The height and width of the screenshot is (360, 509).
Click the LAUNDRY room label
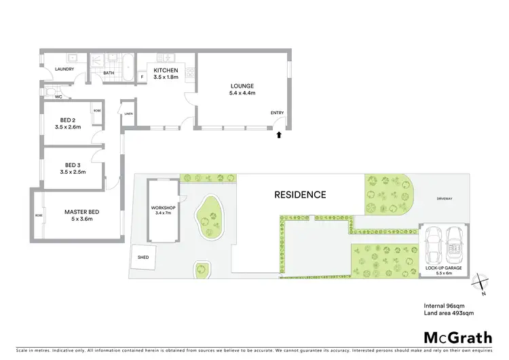tap(55, 68)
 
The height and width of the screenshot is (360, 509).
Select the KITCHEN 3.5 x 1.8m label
tap(166, 74)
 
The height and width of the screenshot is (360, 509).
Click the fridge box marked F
tap(143, 77)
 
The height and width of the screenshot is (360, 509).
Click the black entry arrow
tap(278, 134)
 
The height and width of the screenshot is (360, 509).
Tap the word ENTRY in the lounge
tap(278, 113)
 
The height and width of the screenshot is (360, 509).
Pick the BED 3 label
tap(70, 168)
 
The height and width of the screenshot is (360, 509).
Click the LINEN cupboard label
tap(128, 114)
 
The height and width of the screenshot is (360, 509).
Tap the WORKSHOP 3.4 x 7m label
tap(164, 210)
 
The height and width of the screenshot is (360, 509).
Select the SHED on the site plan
tap(143, 257)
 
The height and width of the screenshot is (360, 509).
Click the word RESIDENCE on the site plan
tap(300, 194)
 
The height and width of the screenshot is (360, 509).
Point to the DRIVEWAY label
tap(445, 199)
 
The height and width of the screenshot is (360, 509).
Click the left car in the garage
tap(433, 247)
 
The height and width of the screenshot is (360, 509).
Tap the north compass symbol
tap(482, 282)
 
